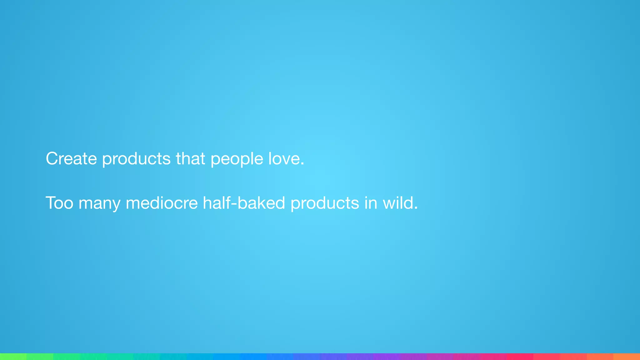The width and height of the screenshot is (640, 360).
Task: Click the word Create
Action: (71, 158)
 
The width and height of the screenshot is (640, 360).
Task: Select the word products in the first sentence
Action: (136, 159)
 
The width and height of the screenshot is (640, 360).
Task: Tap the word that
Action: (190, 158)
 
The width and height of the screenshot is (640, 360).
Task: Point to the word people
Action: (237, 159)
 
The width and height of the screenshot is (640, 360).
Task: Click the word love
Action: (284, 158)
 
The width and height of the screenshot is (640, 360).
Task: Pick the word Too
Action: (59, 203)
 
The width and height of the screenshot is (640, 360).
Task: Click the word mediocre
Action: (162, 203)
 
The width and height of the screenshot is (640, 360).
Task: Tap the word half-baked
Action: (244, 203)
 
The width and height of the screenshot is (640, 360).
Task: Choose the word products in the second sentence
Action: (325, 203)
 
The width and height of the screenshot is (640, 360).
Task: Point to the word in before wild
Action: (371, 203)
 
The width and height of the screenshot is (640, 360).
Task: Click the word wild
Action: (398, 203)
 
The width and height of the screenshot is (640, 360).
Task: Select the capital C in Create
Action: (52, 158)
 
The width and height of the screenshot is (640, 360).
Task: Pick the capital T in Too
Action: (51, 203)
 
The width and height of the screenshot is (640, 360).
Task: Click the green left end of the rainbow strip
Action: (9, 357)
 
